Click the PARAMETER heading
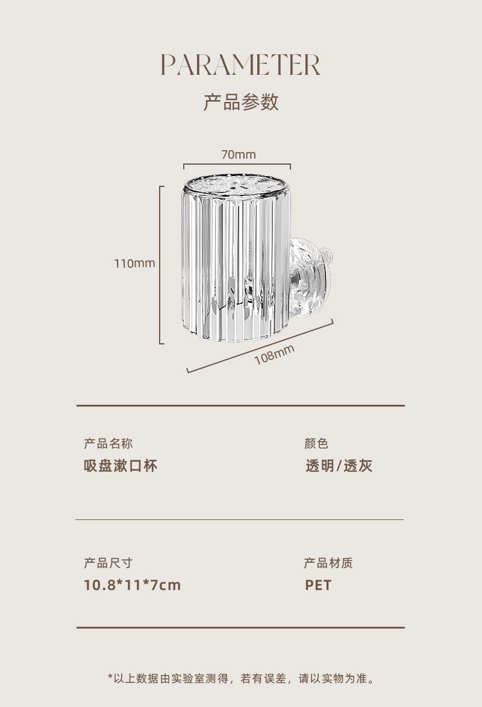coord(240,65)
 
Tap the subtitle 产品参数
coord(240,102)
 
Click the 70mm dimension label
coord(238,154)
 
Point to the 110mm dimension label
coord(134,263)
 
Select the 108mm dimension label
coord(274,355)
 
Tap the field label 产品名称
coord(108,443)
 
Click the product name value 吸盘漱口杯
coord(120,466)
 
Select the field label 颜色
coord(316,443)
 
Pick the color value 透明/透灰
coord(339,466)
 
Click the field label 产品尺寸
coord(108,563)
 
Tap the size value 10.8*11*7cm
coord(132,585)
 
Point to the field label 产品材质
coord(328,563)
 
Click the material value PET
coord(318,585)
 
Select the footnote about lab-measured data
coord(241,679)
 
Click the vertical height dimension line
coord(161,265)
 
